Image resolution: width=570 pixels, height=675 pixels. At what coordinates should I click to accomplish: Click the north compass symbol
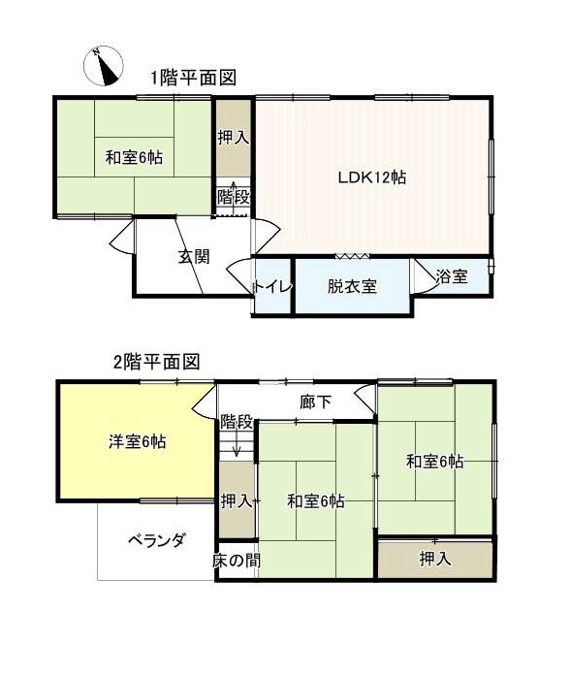click(x=104, y=66)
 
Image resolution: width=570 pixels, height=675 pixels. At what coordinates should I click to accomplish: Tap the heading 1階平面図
click(x=193, y=78)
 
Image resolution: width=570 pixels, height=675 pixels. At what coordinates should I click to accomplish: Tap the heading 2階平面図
click(x=157, y=362)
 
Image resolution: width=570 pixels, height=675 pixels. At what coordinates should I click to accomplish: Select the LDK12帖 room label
click(x=371, y=177)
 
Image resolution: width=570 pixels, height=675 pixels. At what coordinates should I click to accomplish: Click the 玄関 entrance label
click(x=194, y=257)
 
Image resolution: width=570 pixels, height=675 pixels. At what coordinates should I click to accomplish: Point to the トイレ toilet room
click(x=273, y=287)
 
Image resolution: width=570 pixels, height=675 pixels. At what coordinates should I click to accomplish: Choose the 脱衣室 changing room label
click(x=352, y=286)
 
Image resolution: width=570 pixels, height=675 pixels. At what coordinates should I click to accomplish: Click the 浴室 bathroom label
click(x=452, y=276)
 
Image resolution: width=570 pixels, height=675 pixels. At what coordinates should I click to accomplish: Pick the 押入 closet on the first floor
click(x=234, y=138)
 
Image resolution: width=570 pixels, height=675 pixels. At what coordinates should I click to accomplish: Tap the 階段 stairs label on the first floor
click(x=234, y=198)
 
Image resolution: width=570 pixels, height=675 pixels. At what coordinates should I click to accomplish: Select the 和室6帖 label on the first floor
click(x=134, y=157)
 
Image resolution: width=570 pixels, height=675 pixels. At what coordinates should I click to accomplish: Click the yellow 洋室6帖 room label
click(x=138, y=442)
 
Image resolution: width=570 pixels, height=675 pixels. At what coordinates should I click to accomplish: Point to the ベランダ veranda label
click(x=157, y=540)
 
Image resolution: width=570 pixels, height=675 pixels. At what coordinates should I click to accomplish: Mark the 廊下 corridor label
click(x=315, y=402)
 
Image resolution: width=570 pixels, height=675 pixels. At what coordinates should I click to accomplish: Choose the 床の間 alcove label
click(x=237, y=560)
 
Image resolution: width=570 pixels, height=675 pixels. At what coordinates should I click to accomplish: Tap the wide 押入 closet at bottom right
click(x=435, y=559)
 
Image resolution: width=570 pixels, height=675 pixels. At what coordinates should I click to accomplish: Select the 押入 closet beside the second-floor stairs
click(x=237, y=499)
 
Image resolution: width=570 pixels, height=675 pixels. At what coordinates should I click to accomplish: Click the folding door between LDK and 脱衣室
click(x=352, y=256)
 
